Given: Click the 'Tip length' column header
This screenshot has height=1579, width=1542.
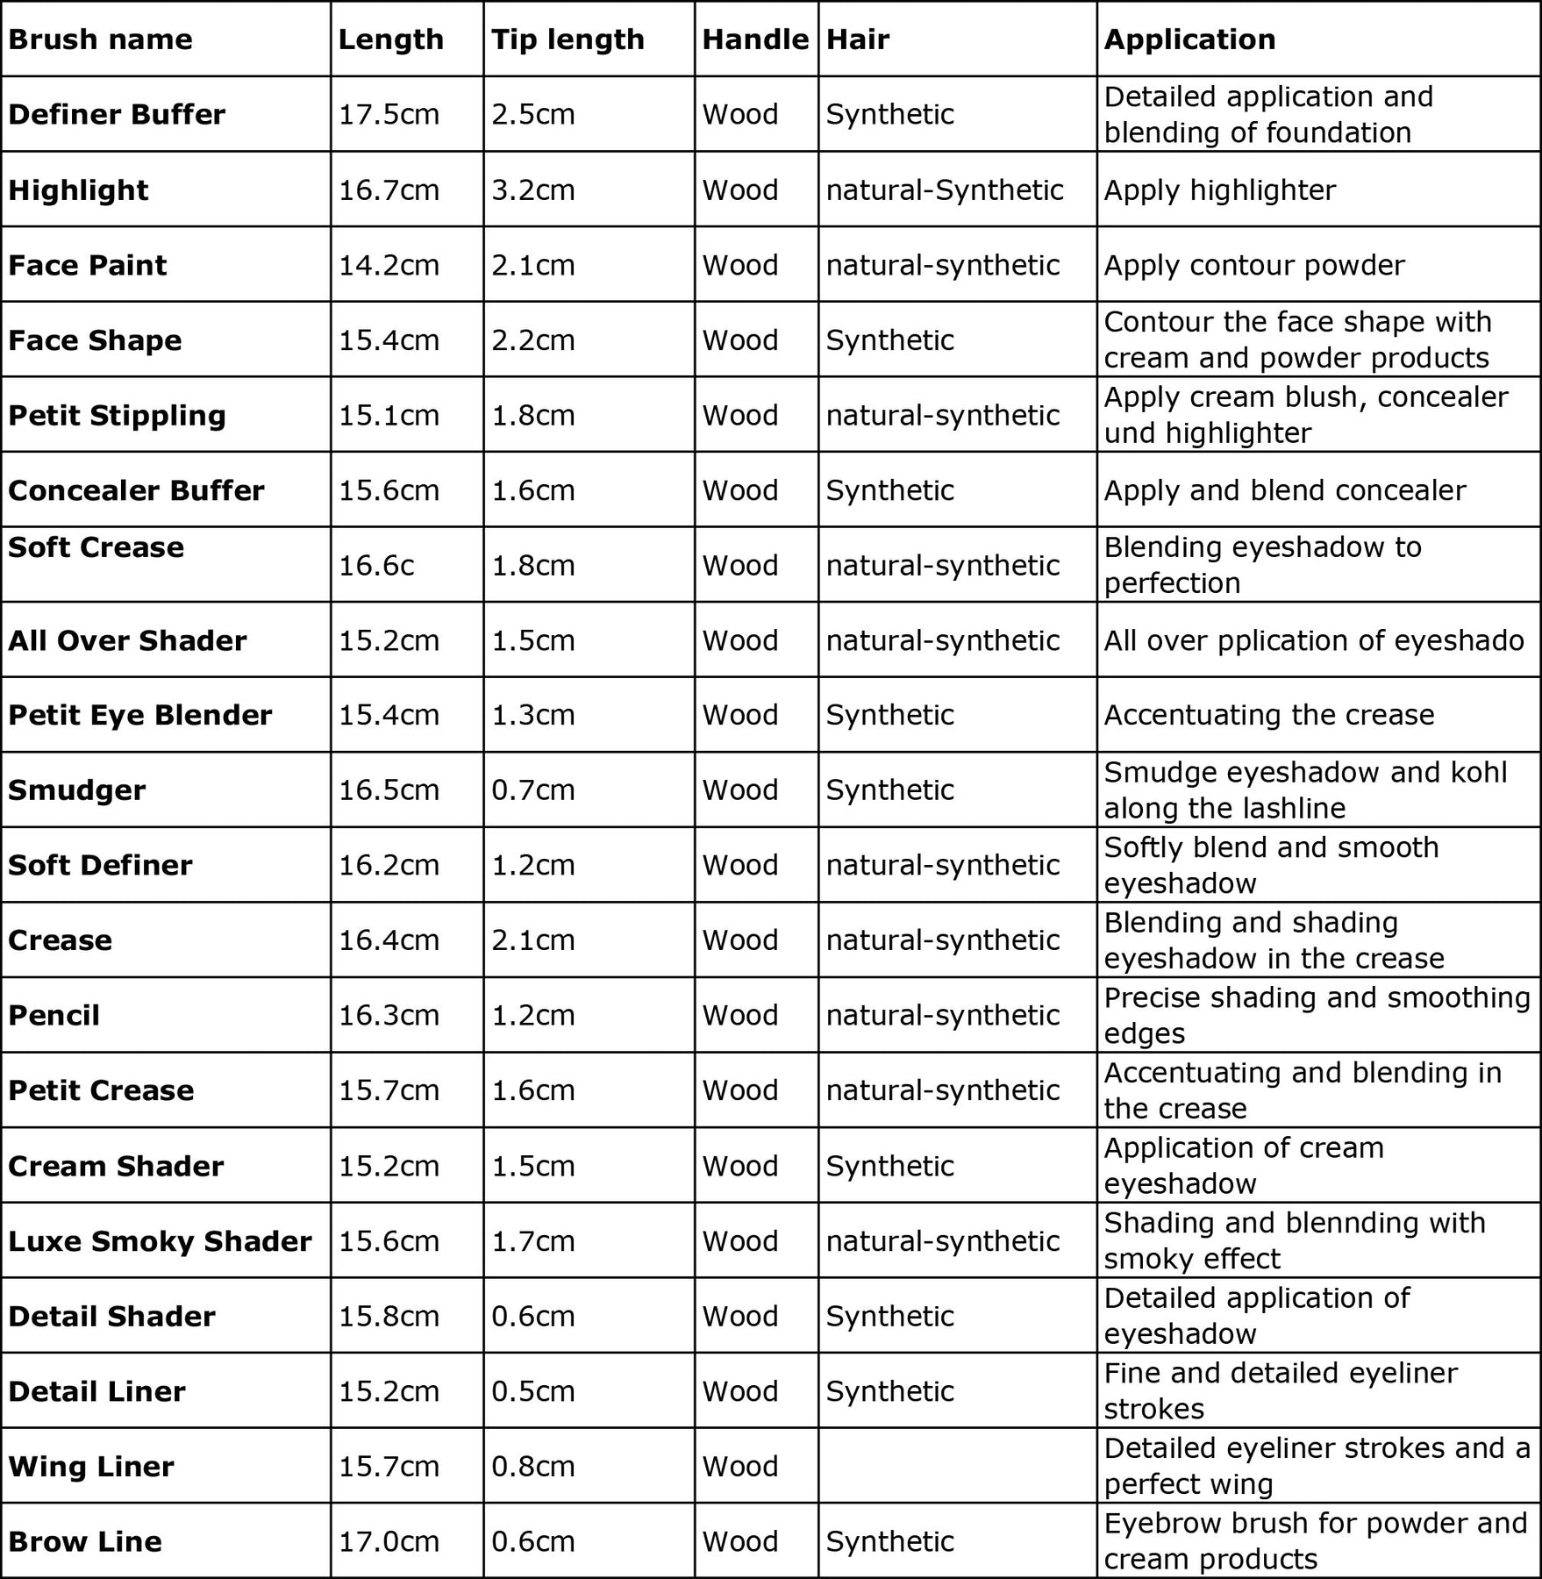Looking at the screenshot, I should click(568, 39).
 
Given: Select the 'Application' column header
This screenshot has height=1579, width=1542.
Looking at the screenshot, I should click(1189, 39).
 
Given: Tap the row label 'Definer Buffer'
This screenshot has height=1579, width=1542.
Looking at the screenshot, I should click(117, 114).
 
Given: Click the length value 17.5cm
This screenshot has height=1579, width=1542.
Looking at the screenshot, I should click(389, 114).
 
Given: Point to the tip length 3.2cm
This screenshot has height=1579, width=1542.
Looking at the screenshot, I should click(532, 190).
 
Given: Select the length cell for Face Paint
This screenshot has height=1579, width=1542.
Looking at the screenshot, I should click(389, 265).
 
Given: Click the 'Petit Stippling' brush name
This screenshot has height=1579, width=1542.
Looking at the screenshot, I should click(117, 415).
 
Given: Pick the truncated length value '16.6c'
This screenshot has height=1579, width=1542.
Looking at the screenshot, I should click(376, 565).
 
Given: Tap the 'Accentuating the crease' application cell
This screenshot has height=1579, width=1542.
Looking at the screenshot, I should click(1268, 715).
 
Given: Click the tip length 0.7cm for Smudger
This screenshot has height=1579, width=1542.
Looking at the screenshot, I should click(532, 789).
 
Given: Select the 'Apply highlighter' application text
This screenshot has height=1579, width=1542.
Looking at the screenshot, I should click(1219, 190).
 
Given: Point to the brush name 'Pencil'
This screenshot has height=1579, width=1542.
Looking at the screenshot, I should click(54, 1015).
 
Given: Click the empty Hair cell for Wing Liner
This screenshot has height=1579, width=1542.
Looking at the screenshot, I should click(956, 1466).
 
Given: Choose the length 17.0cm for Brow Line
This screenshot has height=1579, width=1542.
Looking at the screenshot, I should click(389, 1541).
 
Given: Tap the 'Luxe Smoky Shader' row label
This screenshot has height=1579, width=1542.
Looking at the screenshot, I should click(160, 1241).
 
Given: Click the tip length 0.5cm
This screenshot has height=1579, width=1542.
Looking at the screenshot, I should click(532, 1391).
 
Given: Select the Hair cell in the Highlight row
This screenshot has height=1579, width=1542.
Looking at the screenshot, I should click(945, 190).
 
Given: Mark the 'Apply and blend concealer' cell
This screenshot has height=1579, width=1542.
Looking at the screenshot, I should click(1284, 490).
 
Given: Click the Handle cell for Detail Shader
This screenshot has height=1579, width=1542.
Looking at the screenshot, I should click(740, 1316).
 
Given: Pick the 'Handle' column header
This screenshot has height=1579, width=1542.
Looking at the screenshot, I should click(755, 39).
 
